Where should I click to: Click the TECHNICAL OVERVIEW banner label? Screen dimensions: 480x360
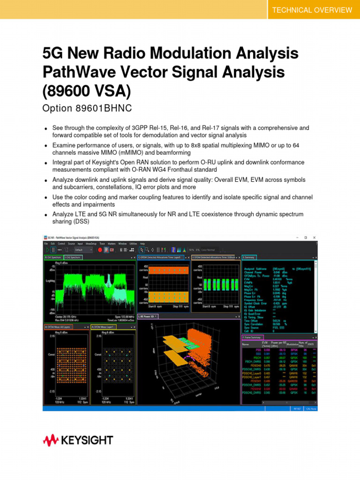[312, 10]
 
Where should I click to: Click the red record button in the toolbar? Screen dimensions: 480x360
[100, 250]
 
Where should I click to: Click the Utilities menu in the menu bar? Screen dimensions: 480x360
[134, 244]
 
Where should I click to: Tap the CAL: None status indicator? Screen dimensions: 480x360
[311, 408]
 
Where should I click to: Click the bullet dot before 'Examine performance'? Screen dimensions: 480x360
[45, 146]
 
